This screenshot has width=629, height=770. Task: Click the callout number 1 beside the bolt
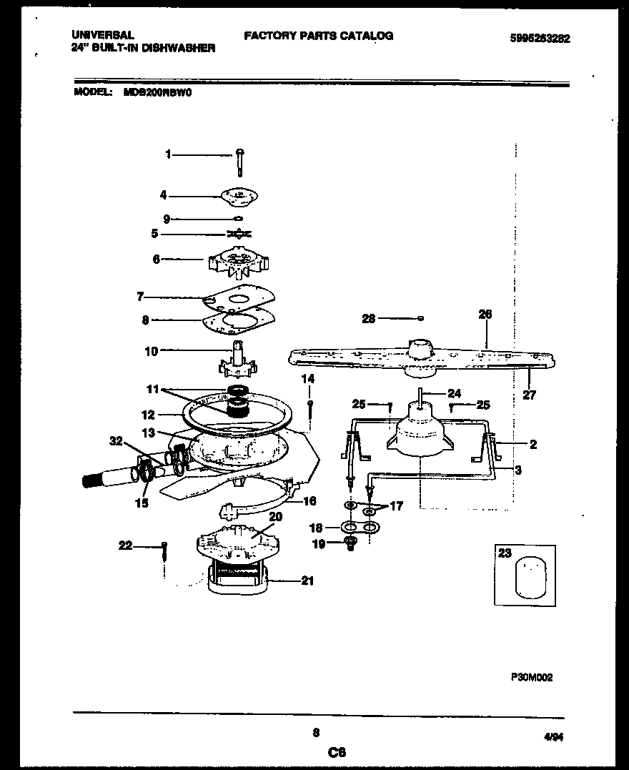click(168, 154)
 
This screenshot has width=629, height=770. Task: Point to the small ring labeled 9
click(239, 219)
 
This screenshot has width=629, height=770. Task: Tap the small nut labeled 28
click(421, 318)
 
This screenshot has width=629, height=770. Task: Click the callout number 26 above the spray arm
click(485, 314)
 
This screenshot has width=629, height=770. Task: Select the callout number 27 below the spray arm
click(529, 395)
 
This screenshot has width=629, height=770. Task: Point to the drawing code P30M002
click(531, 676)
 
